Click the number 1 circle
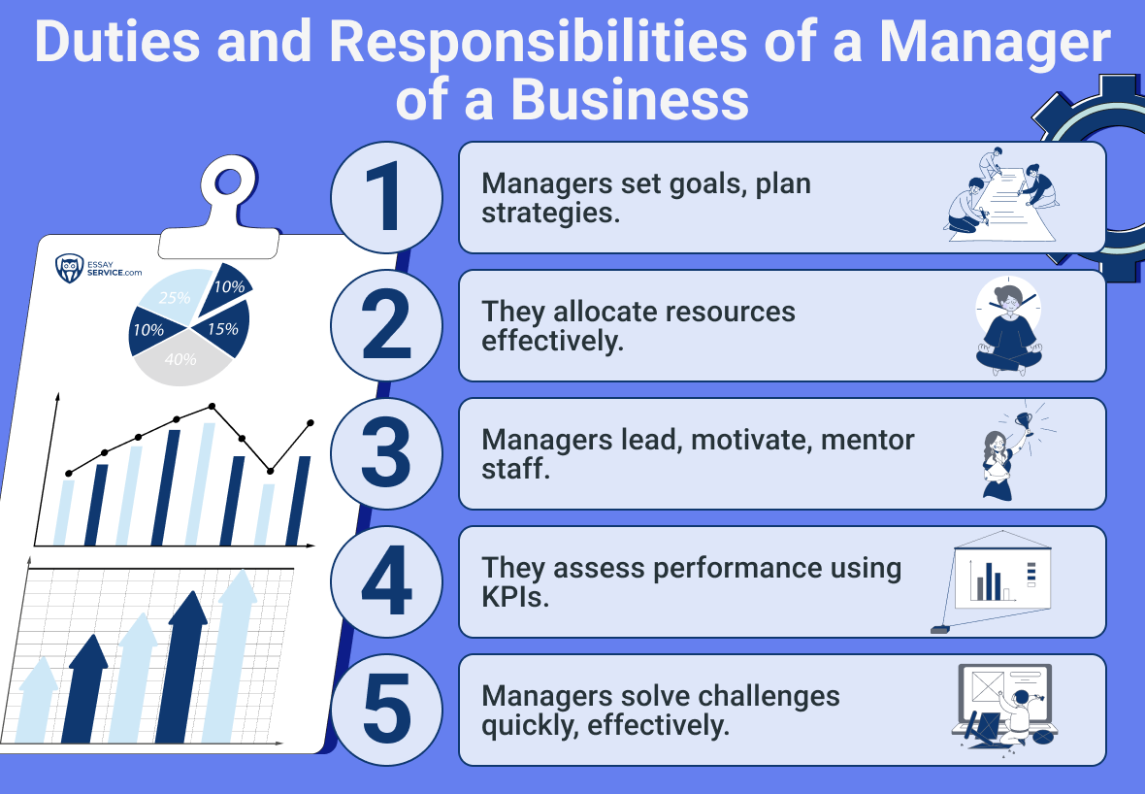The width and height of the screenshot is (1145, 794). (x=386, y=197)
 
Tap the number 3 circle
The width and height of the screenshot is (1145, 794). (x=386, y=453)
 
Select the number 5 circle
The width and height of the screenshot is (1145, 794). (x=386, y=710)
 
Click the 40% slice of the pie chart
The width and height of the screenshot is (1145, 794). (x=181, y=358)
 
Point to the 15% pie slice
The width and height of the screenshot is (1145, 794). (x=223, y=329)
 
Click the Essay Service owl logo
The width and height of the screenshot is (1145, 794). (x=69, y=269)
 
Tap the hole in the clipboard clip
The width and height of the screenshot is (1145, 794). (x=229, y=182)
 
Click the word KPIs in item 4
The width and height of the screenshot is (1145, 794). (x=515, y=598)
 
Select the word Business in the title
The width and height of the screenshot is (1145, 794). (x=630, y=99)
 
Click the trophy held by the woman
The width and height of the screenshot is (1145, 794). (x=1024, y=421)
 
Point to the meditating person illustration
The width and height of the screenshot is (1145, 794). (x=1008, y=326)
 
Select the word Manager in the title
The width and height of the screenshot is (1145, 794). (x=995, y=43)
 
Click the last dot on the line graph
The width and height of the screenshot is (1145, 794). (x=311, y=423)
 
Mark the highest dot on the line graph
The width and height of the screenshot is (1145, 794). (x=212, y=406)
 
